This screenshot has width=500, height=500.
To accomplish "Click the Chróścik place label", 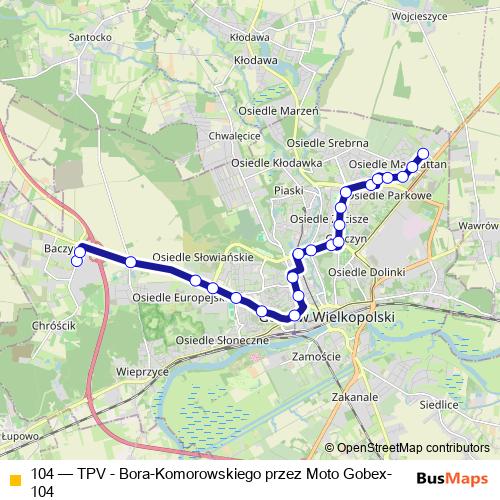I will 54,326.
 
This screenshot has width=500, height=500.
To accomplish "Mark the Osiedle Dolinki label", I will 367,272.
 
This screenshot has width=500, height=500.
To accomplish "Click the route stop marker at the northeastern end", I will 423,154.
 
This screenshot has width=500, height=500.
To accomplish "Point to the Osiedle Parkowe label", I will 397,196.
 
